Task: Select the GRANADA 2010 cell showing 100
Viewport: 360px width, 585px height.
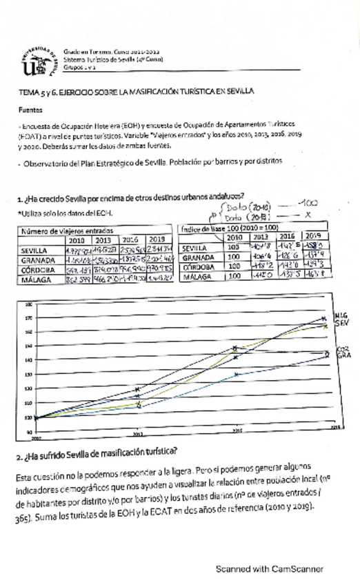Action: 233,257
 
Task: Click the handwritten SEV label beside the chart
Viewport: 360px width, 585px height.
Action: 341,322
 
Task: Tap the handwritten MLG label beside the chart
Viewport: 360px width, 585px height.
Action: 341,315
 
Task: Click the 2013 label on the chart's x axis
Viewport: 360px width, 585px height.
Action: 138,434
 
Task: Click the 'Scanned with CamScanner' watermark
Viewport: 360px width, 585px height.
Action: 268,568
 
